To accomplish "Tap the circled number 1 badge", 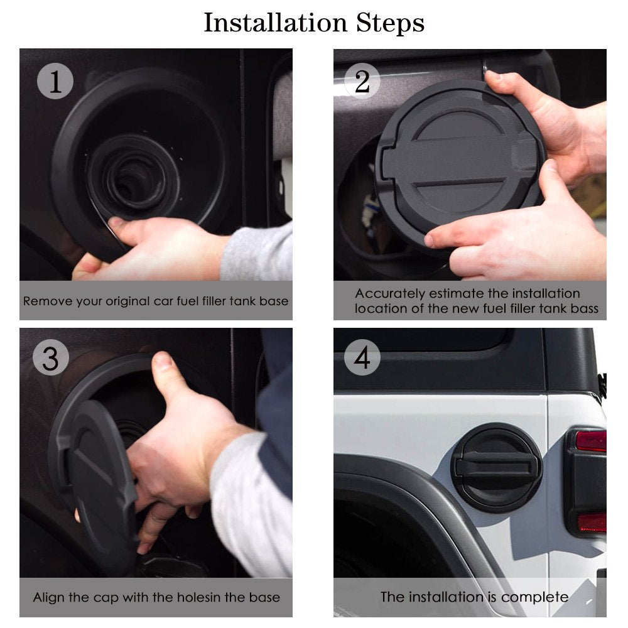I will [55, 82].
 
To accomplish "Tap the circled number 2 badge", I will [362, 82].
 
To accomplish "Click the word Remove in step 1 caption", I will [43, 301].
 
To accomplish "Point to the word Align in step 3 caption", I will [48, 597].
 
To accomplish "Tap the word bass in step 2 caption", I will [584, 308].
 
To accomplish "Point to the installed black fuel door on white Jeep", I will [496, 468].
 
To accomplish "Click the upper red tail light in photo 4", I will [591, 441].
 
